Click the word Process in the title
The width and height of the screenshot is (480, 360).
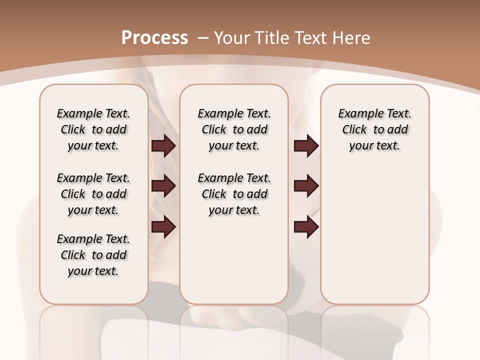pyautogui.click(x=154, y=37)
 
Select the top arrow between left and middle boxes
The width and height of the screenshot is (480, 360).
pyautogui.click(x=163, y=146)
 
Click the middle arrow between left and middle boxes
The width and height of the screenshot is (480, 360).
pyautogui.click(x=163, y=186)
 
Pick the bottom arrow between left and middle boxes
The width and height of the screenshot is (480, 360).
pyautogui.click(x=163, y=226)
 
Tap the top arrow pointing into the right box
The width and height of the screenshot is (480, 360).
pyautogui.click(x=306, y=146)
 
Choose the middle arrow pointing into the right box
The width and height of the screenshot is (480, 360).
pyautogui.click(x=306, y=186)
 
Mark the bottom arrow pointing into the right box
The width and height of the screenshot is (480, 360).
pyautogui.click(x=306, y=226)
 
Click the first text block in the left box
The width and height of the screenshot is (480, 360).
pyautogui.click(x=93, y=129)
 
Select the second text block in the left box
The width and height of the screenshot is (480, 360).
pyautogui.click(x=93, y=194)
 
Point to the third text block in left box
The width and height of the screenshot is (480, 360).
pyautogui.click(x=93, y=255)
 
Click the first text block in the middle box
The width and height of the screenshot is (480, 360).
pyautogui.click(x=234, y=129)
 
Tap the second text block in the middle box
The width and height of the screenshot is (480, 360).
pyautogui.click(x=234, y=194)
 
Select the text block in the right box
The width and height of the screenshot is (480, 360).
pyautogui.click(x=375, y=129)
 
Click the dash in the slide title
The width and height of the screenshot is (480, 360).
pyautogui.click(x=203, y=37)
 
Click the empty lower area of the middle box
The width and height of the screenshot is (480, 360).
pyautogui.click(x=234, y=260)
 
